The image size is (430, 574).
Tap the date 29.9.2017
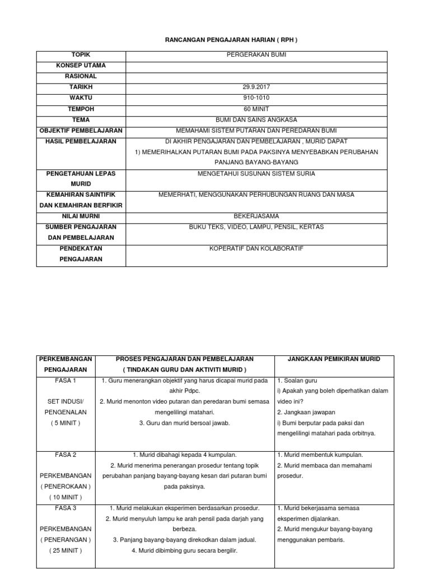[x=256, y=87]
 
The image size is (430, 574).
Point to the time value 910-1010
[x=256, y=98]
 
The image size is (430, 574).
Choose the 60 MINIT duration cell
[x=256, y=109]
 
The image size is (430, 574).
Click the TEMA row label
[x=81, y=120]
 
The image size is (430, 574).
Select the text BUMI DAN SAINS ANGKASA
[x=256, y=120]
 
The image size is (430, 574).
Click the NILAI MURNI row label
[x=81, y=216]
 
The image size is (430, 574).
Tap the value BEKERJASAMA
[x=256, y=216]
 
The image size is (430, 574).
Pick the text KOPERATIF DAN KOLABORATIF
[x=256, y=248]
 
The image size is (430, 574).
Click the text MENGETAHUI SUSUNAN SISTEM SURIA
[x=256, y=173]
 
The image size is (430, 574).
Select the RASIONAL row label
[x=81, y=76]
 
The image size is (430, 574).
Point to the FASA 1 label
[x=66, y=381]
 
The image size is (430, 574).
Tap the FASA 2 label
[x=66, y=455]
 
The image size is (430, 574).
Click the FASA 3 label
[x=66, y=508]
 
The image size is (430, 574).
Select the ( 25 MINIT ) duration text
[x=66, y=550]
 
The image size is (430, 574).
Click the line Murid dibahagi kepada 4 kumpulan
[x=185, y=455]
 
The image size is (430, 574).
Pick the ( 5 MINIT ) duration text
[x=66, y=423]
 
